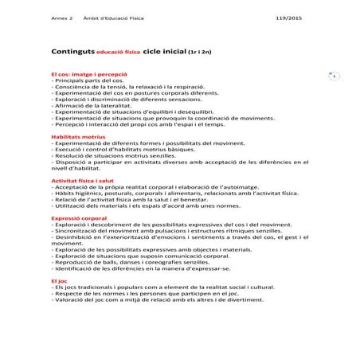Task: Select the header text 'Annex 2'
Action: [62, 18]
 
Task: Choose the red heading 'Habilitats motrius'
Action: [73, 136]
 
